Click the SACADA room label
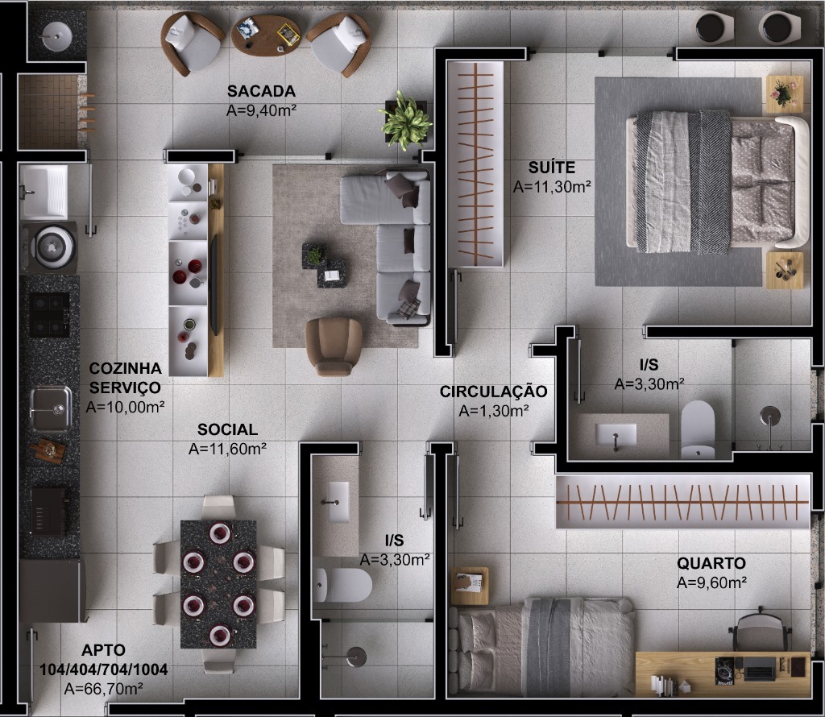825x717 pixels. (x=261, y=91)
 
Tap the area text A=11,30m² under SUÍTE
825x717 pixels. (x=553, y=186)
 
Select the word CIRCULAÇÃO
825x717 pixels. (x=493, y=392)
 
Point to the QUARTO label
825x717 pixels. (x=711, y=563)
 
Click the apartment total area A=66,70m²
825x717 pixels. (x=103, y=688)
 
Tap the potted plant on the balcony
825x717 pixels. (x=405, y=121)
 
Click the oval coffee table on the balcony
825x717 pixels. (x=266, y=34)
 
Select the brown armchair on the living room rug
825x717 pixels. (x=334, y=345)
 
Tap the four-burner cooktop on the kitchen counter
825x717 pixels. (x=49, y=314)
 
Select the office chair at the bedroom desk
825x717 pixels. (x=759, y=631)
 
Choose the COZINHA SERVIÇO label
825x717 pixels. (x=125, y=378)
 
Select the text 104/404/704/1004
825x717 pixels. (x=93, y=669)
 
